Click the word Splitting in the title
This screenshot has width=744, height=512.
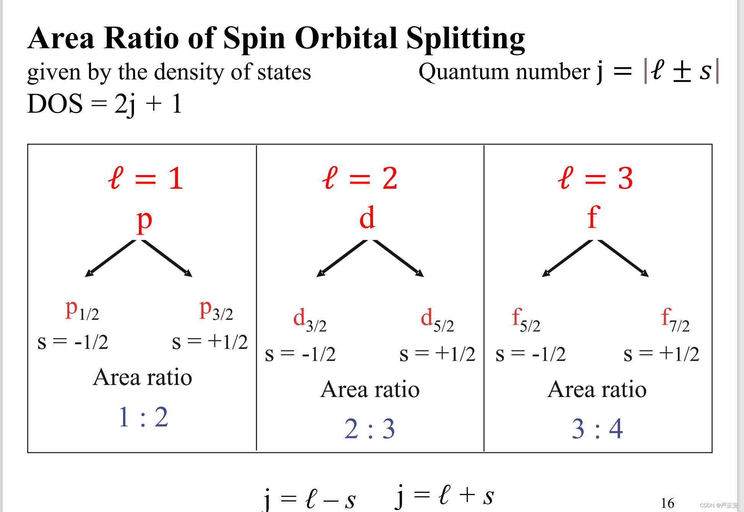465,39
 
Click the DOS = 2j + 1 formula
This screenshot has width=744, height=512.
104,104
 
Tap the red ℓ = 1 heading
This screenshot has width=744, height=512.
145,178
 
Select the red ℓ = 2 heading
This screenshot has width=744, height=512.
360,178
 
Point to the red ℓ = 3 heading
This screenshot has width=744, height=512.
595,178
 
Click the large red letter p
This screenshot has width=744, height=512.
145,221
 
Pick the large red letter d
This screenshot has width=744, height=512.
367,218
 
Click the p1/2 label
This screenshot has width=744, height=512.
82,310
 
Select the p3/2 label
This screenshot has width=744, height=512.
216,310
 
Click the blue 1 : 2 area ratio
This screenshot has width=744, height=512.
143,417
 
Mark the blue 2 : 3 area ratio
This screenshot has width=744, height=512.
370,429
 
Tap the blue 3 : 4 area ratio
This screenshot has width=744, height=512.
597,429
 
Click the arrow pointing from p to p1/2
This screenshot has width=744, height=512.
111,258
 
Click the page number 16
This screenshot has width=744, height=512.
667,503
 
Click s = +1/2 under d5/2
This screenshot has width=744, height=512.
437,354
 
